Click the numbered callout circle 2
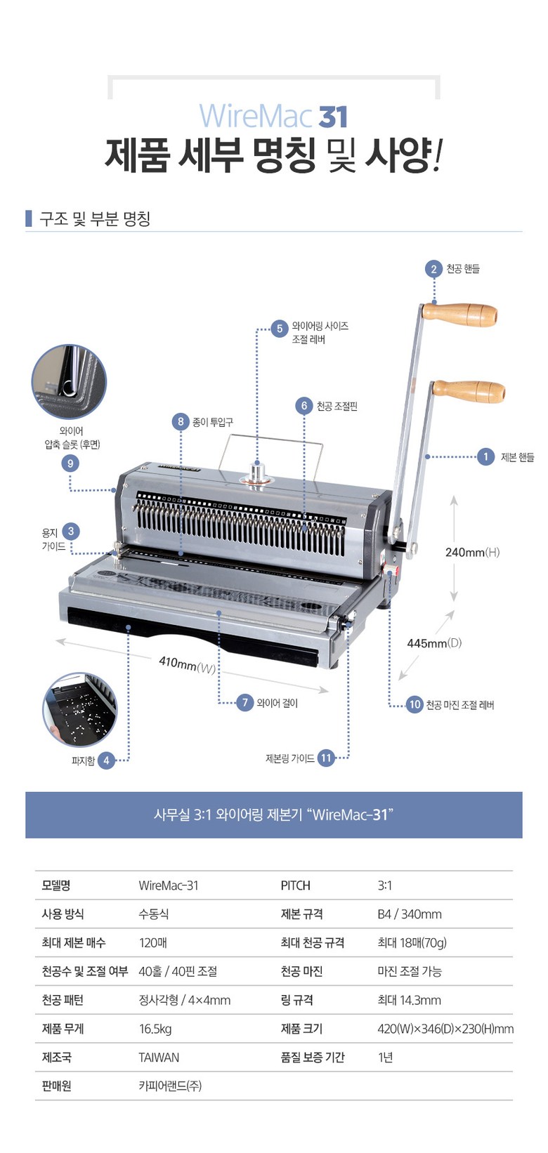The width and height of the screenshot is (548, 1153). pos(433,269)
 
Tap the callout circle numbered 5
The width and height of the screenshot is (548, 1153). pos(280,329)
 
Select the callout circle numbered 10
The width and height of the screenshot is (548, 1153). pos(415,705)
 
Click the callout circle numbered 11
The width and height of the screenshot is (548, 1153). pos(326,758)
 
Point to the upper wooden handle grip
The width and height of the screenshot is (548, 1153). pos(459,315)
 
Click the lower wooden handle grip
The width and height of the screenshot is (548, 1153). pos(469,392)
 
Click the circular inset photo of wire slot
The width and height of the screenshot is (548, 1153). pos(69,382)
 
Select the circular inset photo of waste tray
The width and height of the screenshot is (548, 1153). pos(80,709)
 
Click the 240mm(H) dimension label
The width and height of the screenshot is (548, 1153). pos(472,553)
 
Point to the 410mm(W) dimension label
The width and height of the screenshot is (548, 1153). pos(188,664)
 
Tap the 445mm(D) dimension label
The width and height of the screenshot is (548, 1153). pos(434,643)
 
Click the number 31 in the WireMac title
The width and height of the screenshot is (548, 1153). pos(333,117)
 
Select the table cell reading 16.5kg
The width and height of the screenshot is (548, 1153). pos(155,1029)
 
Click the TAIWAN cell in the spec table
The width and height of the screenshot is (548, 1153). pos(159,1058)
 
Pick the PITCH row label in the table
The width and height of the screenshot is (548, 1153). pos(295,885)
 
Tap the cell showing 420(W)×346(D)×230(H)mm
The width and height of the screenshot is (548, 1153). pos(445,1029)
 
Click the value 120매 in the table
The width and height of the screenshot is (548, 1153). pos(153,942)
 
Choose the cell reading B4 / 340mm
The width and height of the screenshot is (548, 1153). pos(410,914)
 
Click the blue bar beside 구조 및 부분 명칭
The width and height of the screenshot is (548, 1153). pos(28,218)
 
